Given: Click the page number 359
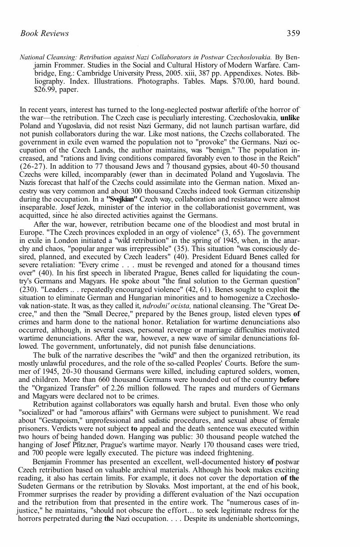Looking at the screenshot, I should [x=293, y=33].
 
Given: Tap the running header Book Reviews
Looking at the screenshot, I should [x=45, y=33].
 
